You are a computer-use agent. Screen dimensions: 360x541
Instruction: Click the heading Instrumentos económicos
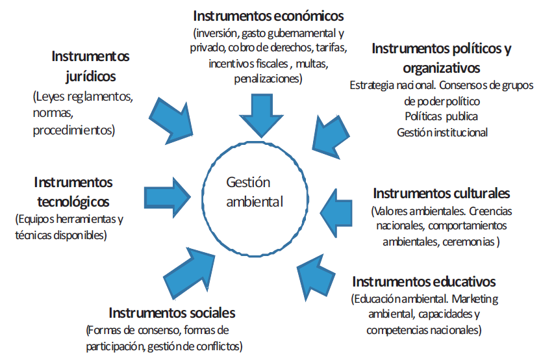click(x=268, y=15)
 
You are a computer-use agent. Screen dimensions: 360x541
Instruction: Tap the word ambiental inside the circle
click(x=255, y=201)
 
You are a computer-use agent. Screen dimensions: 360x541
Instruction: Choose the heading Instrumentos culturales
click(x=441, y=193)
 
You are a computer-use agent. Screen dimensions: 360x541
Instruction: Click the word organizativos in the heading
click(x=441, y=67)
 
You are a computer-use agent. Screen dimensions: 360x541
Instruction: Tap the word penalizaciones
click(x=268, y=79)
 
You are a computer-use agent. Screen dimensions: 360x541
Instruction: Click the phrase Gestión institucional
click(x=442, y=132)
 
